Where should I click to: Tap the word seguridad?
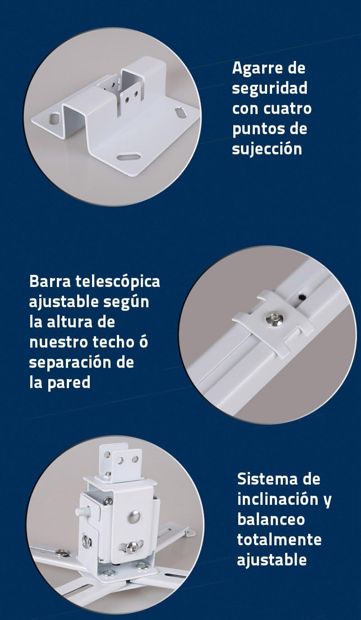pyautogui.click(x=270, y=88)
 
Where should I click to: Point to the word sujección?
pyautogui.click(x=267, y=149)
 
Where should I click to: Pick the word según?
pyautogui.click(x=126, y=302)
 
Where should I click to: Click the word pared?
pyautogui.click(x=69, y=383)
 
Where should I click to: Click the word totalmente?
pyautogui.click(x=279, y=540)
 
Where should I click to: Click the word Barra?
pyautogui.click(x=50, y=282)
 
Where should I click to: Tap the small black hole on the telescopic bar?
pyautogui.click(x=302, y=297)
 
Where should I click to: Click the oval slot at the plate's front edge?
pyautogui.click(x=128, y=157)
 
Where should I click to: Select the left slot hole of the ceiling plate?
pyautogui.click(x=55, y=118)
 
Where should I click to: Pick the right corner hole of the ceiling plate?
pyautogui.click(x=180, y=113)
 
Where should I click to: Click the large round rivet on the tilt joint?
pyautogui.click(x=134, y=516)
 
